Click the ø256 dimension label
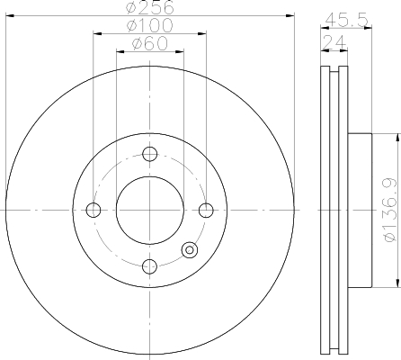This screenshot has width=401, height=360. click(149, 7)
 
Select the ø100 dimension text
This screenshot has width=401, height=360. click(149, 25)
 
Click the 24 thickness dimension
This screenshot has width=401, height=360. click(332, 40)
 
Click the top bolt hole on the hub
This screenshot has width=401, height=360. click(150, 154)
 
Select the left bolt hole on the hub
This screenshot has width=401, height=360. click(94, 211)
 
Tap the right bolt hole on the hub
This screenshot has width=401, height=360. click(206, 211)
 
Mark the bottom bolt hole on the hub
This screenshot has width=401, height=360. click(150, 266)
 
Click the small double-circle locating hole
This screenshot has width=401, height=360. click(190, 250)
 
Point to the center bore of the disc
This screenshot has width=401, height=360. click(150, 211)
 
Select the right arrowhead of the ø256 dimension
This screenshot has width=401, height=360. click(291, 15)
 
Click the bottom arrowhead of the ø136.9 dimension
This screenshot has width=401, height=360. click(397, 284)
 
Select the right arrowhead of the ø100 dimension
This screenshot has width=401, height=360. click(204, 33)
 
